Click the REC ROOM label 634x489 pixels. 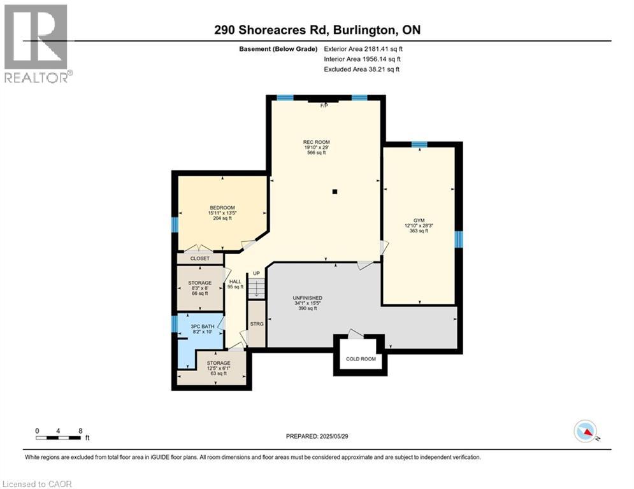click(317, 142)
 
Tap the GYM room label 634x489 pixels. click(419, 220)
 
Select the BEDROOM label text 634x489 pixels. click(222, 208)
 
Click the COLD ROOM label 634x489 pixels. click(361, 358)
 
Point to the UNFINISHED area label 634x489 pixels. click(307, 298)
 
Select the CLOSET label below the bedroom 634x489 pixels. click(199, 259)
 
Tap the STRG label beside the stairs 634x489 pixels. click(256, 324)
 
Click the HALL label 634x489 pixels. click(235, 281)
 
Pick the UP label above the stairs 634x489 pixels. click(256, 273)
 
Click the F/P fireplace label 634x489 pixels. click(324, 106)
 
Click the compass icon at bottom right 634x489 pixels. click(584, 431)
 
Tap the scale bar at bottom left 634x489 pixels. click(59, 437)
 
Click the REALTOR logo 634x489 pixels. click(36, 43)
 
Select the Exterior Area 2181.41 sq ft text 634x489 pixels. click(363, 48)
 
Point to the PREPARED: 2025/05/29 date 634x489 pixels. click(319, 437)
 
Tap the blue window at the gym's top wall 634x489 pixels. click(419, 145)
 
